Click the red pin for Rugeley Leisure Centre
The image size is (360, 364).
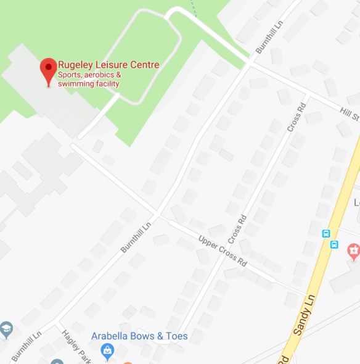point(49,71)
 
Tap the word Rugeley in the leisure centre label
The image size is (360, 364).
point(77,65)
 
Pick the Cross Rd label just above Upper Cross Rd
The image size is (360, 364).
point(237,229)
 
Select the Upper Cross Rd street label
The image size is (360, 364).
point(223,250)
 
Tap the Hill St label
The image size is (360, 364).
point(349,112)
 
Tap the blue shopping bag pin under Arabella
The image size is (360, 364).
point(108,352)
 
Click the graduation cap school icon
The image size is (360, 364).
point(6,328)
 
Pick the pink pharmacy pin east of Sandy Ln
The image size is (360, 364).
point(353,250)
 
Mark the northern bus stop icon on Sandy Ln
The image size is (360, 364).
point(326,233)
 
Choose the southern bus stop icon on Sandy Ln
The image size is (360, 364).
point(334,244)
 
